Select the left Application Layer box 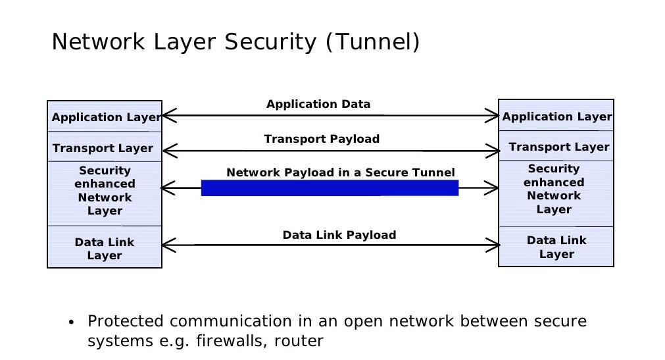point(105,117)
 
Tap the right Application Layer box point(556,116)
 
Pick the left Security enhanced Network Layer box point(105,192)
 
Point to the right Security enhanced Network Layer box point(554,190)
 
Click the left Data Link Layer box point(105,248)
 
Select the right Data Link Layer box point(556,247)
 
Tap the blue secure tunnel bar point(329,188)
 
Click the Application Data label point(318,104)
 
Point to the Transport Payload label point(322,139)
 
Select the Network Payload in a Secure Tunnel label point(340,172)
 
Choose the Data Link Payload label point(339,235)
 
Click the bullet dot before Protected point(71,322)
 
